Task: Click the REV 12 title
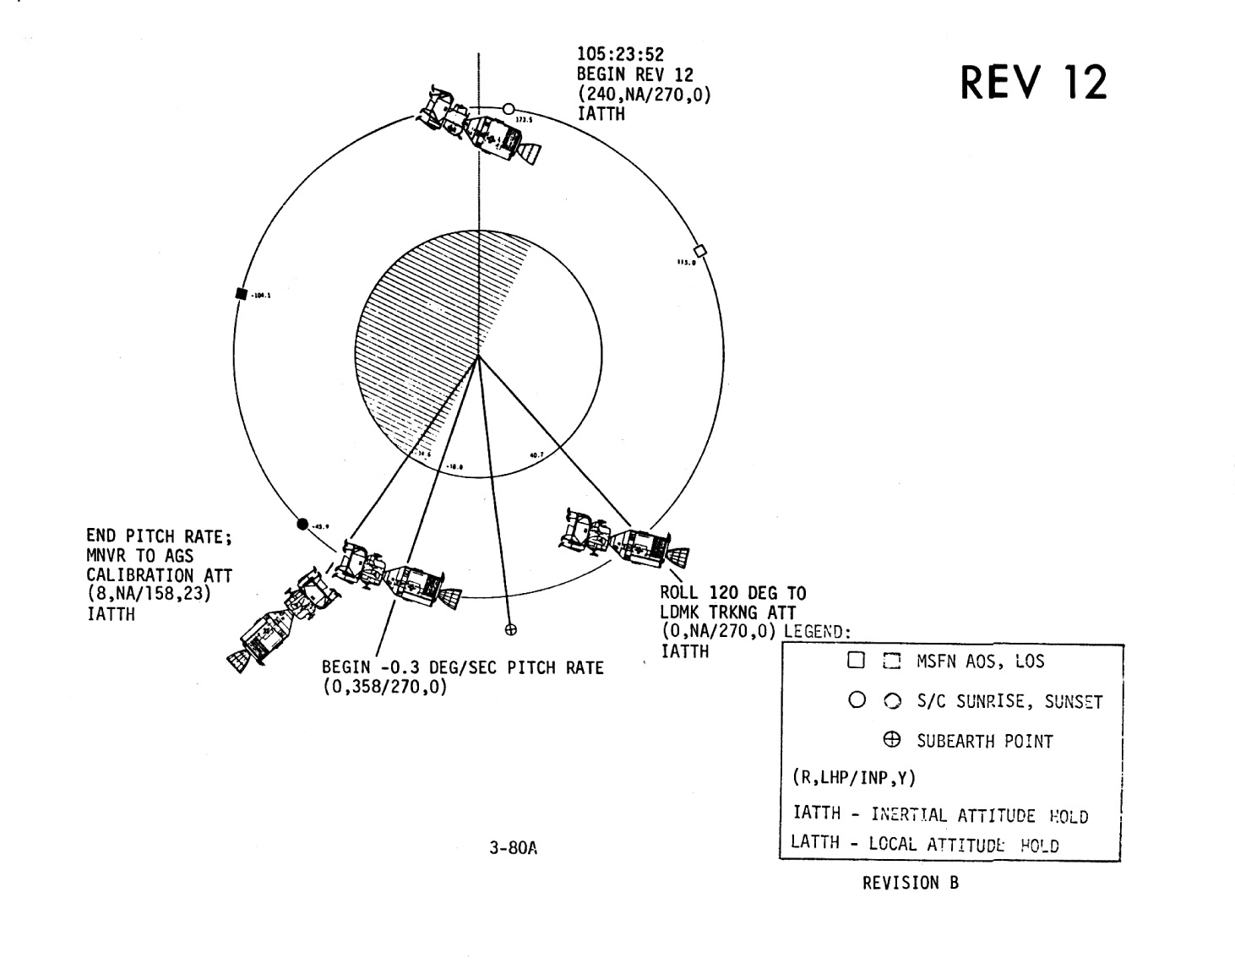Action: pyautogui.click(x=1032, y=84)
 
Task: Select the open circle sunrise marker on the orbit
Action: pyautogui.click(x=509, y=109)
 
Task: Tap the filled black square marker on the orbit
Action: pyautogui.click(x=241, y=294)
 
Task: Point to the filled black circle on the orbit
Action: pyautogui.click(x=303, y=524)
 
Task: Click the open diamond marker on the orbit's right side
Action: pyautogui.click(x=699, y=250)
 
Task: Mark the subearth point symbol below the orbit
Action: pyautogui.click(x=510, y=629)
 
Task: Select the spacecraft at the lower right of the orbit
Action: pyautogui.click(x=623, y=539)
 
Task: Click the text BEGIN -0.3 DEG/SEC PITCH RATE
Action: pyautogui.click(x=463, y=668)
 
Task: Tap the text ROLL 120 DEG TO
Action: pyautogui.click(x=732, y=593)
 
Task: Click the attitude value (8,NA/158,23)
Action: pyautogui.click(x=148, y=595)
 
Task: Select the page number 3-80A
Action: pyautogui.click(x=513, y=848)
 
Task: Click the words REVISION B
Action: pyautogui.click(x=910, y=884)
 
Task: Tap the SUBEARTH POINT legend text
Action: pyautogui.click(x=985, y=742)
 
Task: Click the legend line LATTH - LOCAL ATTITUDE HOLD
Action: pyautogui.click(x=924, y=843)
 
